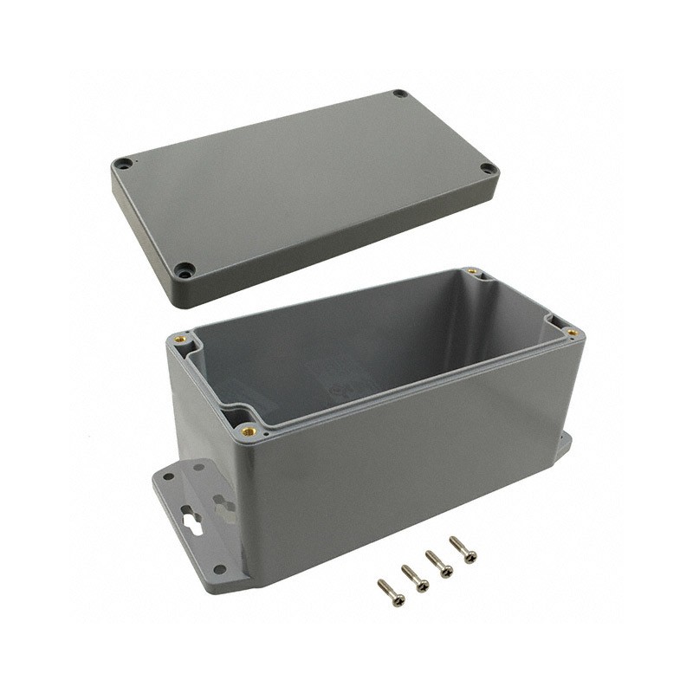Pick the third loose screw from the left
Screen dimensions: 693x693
[439, 564]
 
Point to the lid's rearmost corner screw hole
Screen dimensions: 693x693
[399, 94]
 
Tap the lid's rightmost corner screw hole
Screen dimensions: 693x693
[489, 168]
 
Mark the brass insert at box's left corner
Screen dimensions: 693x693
[181, 339]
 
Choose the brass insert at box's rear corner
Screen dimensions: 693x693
[473, 272]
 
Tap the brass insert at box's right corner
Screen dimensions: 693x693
[573, 332]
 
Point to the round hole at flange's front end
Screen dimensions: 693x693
[220, 570]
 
